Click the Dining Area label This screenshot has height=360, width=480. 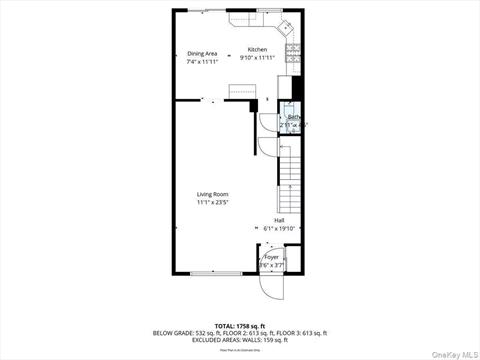(202, 54)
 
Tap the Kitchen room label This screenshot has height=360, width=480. (258, 49)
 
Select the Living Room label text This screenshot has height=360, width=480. (212, 194)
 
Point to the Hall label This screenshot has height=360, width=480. (279, 221)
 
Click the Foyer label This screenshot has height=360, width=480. (272, 257)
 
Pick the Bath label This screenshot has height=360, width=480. (294, 117)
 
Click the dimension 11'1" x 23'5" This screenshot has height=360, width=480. (212, 203)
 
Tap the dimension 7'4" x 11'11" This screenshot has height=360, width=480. (202, 62)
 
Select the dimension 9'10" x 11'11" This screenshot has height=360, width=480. (258, 57)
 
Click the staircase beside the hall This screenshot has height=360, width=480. (290, 170)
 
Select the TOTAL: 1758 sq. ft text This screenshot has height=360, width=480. (240, 326)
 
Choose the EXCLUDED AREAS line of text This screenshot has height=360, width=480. (240, 339)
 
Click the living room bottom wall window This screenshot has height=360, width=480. (215, 273)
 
